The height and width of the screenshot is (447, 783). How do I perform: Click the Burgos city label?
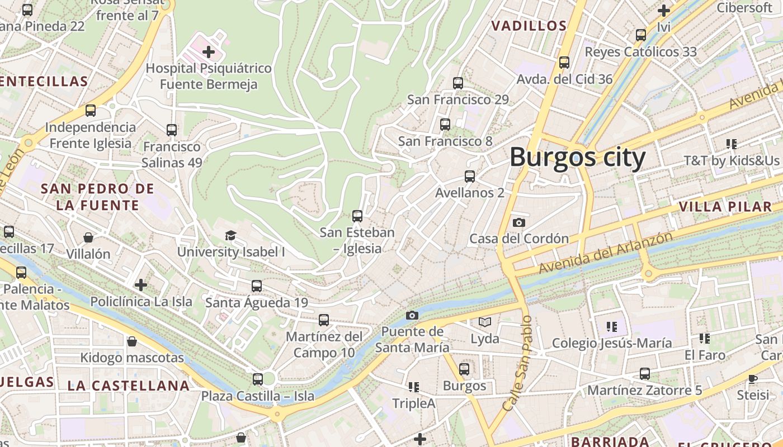point(577,157)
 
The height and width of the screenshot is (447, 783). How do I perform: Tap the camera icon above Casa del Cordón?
point(518,222)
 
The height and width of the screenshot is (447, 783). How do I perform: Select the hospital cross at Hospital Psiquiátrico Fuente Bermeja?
point(209,53)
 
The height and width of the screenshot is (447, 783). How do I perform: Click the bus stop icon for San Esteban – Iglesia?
point(357,216)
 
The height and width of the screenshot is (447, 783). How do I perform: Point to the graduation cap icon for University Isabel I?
point(230,235)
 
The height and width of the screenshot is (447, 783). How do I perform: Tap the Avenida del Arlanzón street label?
point(605,253)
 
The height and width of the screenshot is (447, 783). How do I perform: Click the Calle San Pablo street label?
point(517,363)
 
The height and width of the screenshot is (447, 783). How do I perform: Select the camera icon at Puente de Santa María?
point(412,315)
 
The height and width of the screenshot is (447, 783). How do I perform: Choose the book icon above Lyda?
point(484,322)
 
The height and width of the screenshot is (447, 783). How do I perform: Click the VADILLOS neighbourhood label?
point(529,26)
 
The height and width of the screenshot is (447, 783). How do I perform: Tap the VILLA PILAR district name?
point(725,207)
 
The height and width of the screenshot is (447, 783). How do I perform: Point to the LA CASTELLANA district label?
point(129,386)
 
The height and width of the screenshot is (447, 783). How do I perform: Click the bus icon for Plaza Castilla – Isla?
point(257,379)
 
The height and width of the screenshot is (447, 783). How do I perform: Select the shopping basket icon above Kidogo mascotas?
point(132,341)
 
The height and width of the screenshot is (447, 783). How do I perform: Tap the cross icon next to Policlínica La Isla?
point(141,285)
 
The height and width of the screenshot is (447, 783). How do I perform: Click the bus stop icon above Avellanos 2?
point(470,177)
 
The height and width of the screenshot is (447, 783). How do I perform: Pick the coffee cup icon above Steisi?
point(753,379)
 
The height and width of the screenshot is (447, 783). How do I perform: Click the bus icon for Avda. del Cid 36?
point(564,63)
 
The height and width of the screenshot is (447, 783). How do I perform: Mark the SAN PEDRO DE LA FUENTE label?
point(97,197)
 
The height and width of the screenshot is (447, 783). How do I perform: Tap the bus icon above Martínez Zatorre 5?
point(644,373)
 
